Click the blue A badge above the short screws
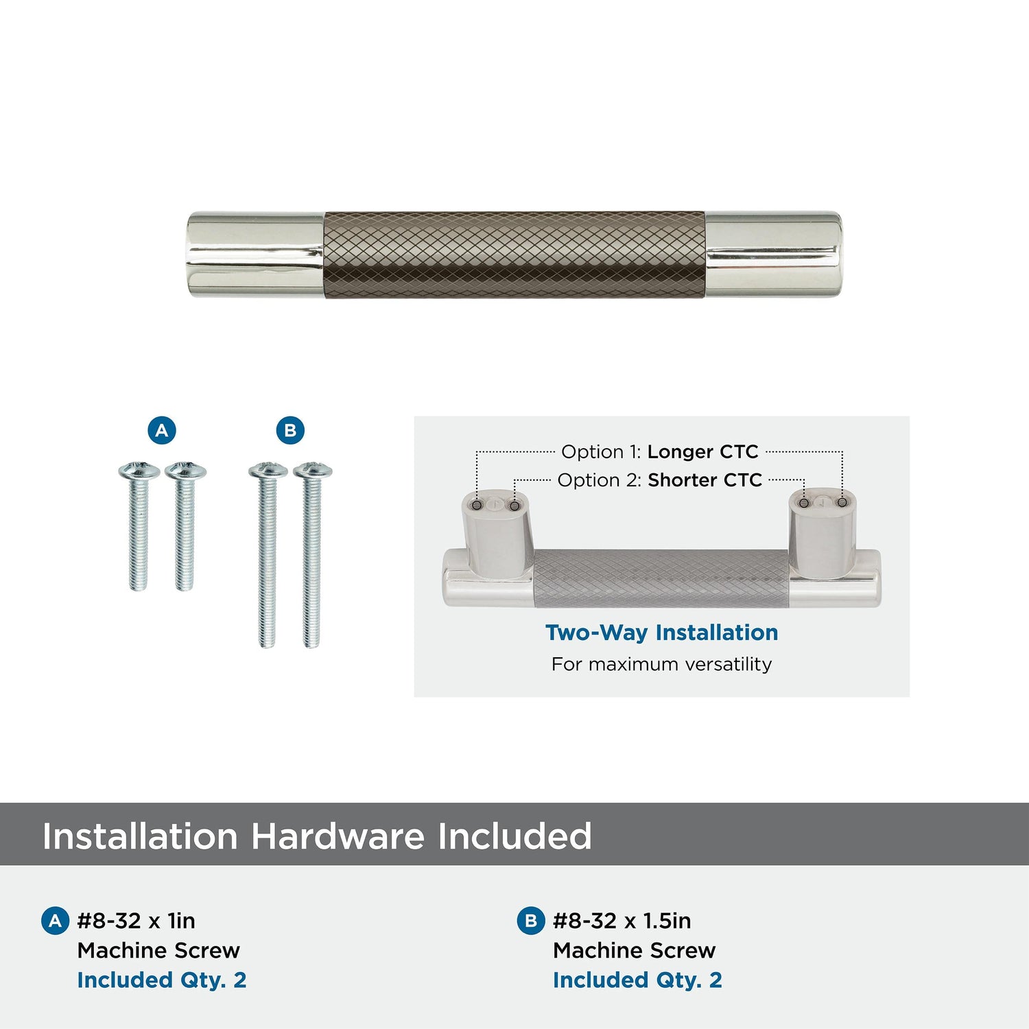pos(162,430)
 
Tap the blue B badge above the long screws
pos(290,430)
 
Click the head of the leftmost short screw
pos(139,471)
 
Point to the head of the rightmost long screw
pos(313,470)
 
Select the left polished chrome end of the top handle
pos(256,255)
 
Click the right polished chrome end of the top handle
pos(773,255)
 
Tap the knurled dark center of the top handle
pos(514,255)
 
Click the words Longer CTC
pos(702,451)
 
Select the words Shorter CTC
pos(705,480)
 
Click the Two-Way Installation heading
pos(661,632)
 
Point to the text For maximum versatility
pos(661,664)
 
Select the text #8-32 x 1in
pos(137,921)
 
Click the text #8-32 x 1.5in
pos(622,921)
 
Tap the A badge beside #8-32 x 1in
pos(56,921)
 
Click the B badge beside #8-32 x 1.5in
pos(530,921)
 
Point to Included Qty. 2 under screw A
pos(162,980)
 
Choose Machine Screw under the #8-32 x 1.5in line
pos(635,950)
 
